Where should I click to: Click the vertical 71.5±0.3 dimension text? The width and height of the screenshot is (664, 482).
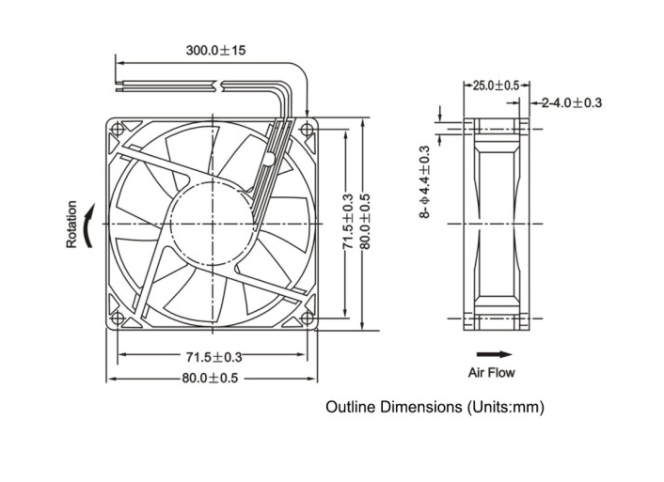tap(347, 223)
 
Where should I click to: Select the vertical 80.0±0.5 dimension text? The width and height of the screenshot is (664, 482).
tap(365, 223)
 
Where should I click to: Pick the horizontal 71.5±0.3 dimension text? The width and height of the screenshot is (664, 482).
tap(213, 357)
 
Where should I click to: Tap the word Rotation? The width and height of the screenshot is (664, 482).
tap(71, 225)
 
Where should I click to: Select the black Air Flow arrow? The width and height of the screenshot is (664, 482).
tap(495, 355)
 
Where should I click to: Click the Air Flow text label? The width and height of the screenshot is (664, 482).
tap(492, 373)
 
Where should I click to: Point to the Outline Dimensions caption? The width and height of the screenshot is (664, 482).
tap(435, 408)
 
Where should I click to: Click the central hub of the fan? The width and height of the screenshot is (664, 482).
tap(212, 223)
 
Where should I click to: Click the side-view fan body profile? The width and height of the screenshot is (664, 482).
tap(496, 223)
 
